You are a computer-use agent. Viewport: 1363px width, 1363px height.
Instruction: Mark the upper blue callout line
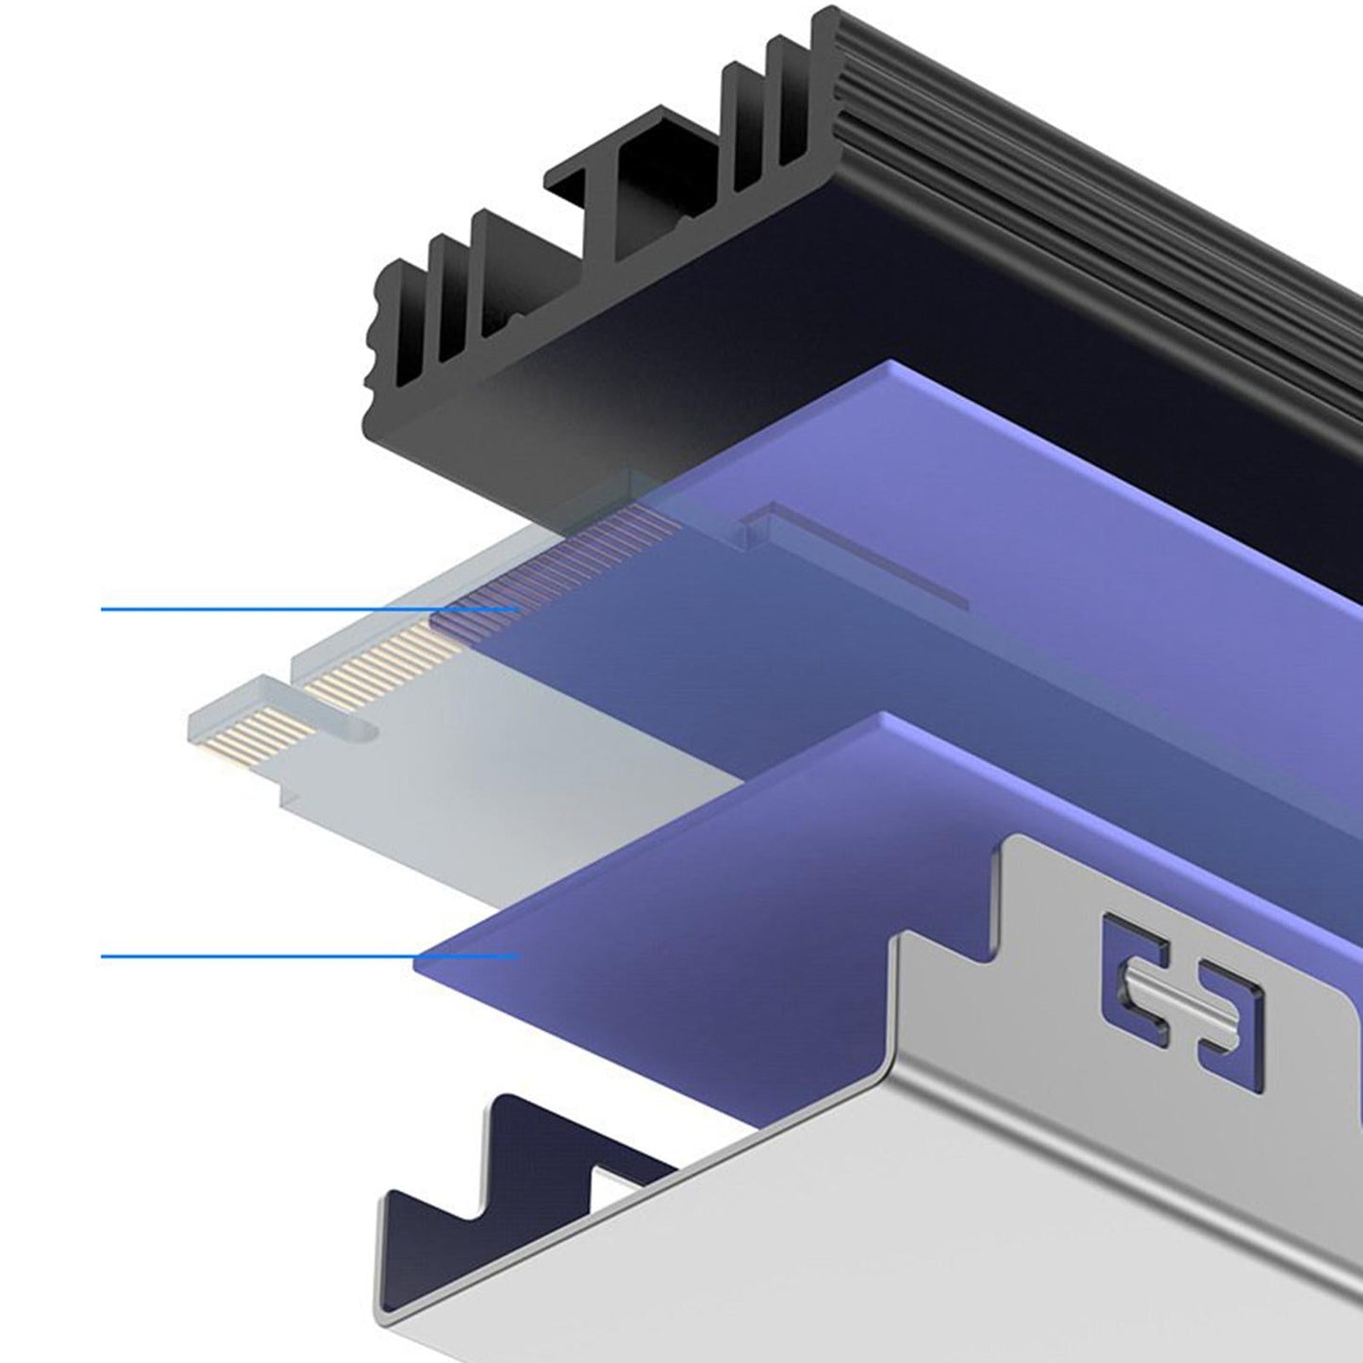point(283,609)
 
